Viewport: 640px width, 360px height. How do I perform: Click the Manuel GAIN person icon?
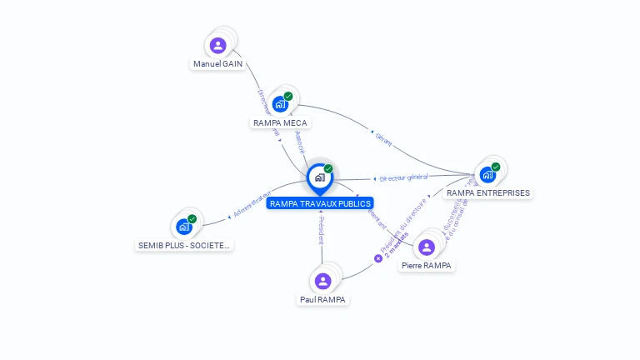218,45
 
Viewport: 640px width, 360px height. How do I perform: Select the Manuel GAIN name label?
217,63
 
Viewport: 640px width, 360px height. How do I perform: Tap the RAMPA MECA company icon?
280,104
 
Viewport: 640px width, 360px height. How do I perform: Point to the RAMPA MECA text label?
280,123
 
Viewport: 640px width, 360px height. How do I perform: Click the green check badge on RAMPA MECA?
288,96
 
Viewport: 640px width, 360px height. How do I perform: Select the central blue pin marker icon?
319,177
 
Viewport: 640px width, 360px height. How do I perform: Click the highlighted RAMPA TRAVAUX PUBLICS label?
320,203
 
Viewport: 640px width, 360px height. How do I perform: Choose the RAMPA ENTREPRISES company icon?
487,174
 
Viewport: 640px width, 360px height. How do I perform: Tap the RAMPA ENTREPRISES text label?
487,192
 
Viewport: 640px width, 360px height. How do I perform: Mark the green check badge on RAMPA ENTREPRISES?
496,167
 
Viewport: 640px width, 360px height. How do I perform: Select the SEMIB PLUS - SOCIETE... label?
184,245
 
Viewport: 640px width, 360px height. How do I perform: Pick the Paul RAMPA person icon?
323,281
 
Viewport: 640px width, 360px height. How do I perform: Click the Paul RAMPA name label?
323,299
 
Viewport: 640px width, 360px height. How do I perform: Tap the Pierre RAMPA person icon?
427,247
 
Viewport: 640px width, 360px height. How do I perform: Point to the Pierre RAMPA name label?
426,265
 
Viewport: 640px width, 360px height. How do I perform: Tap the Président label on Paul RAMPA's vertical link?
321,230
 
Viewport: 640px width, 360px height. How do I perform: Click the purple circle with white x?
377,258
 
